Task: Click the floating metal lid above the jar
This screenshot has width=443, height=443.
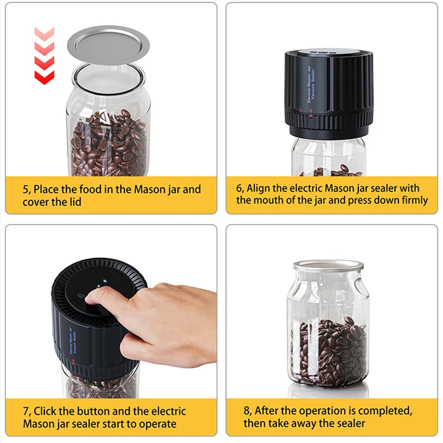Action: point(108,45)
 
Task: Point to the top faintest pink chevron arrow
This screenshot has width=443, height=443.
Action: point(44,34)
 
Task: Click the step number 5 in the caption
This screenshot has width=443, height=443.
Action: point(25,189)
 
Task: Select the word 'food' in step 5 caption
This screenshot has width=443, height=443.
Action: point(90,189)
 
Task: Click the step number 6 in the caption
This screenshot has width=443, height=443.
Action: point(239,188)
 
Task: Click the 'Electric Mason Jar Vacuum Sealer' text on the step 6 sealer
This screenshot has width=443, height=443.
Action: point(311,85)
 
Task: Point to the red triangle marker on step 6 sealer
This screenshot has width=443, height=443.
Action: point(311,116)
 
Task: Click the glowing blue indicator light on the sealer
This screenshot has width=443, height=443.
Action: point(105,281)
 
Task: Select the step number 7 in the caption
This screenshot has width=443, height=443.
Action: point(26,411)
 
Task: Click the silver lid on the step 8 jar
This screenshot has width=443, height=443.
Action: point(328,266)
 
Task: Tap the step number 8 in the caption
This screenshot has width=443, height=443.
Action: point(247,411)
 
